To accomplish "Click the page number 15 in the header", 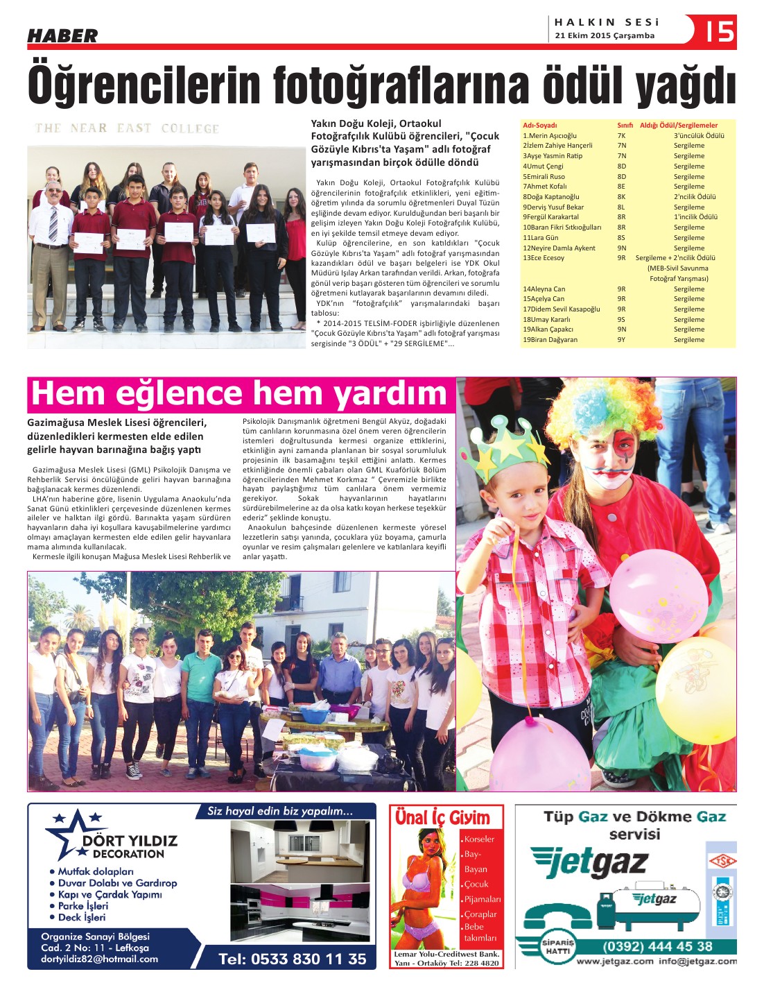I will (x=720, y=31).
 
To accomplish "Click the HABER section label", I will (x=62, y=35).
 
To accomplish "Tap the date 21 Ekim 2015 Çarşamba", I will (x=605, y=36).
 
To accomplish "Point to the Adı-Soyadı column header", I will (x=540, y=126).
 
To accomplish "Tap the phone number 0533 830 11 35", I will (x=292, y=959).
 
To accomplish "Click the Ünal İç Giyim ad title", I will (x=442, y=817).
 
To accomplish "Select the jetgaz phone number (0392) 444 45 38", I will (x=657, y=946).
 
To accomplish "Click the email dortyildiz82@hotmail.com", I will (x=99, y=959).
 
